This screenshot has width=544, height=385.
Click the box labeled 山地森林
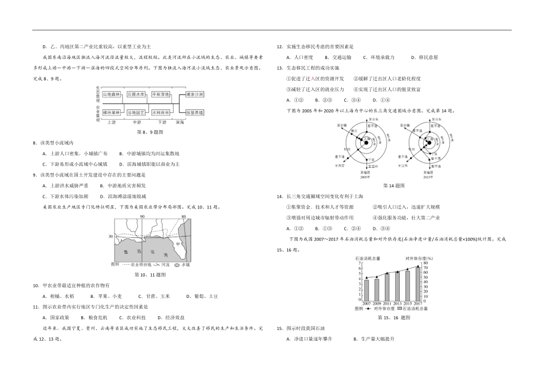pos(111,94)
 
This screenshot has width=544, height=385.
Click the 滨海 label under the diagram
pos(180,122)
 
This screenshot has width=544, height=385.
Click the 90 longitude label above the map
pos(142,217)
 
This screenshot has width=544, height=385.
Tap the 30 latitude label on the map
pos(109,236)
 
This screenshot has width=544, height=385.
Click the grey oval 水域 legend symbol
pos(178,265)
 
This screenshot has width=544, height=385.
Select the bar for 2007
pos(366,290)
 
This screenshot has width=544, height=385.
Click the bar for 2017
pos(417,284)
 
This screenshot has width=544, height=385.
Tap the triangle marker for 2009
pos(377,277)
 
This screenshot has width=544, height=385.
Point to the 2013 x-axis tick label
pos(397,303)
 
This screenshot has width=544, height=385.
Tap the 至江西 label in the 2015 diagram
pos(402,165)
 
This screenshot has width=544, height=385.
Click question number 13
pos(279,68)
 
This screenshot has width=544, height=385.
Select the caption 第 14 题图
pos(394,185)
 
